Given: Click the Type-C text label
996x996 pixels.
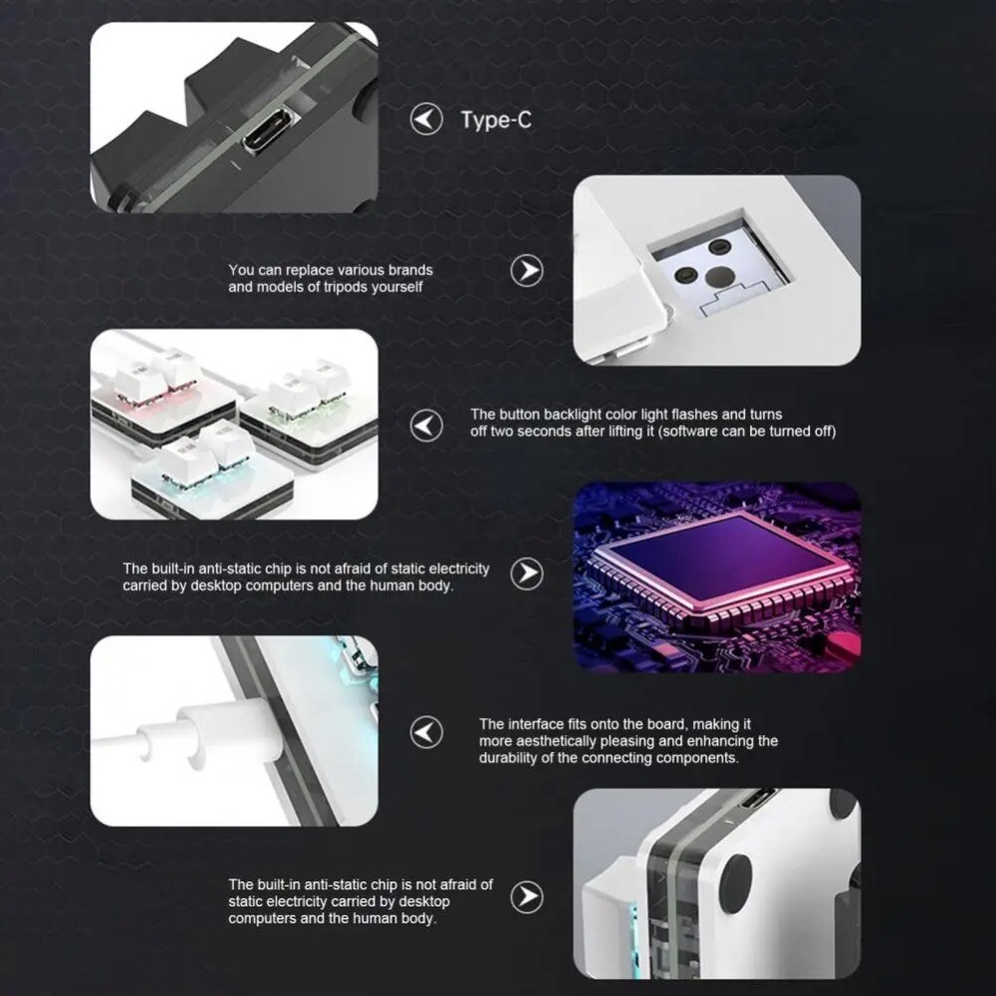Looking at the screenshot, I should [x=495, y=121].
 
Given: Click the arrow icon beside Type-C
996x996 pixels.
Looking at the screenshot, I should [x=427, y=121].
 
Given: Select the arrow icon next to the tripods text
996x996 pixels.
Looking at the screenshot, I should [x=527, y=270].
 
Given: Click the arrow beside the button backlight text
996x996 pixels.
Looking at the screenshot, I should [x=427, y=425].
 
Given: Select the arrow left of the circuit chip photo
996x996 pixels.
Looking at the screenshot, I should [x=527, y=573].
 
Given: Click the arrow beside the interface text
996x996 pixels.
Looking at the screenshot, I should [x=427, y=733].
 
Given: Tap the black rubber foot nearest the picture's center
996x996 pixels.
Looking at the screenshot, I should [x=736, y=882].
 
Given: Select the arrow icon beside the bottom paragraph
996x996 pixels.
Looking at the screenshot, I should [x=527, y=896].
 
